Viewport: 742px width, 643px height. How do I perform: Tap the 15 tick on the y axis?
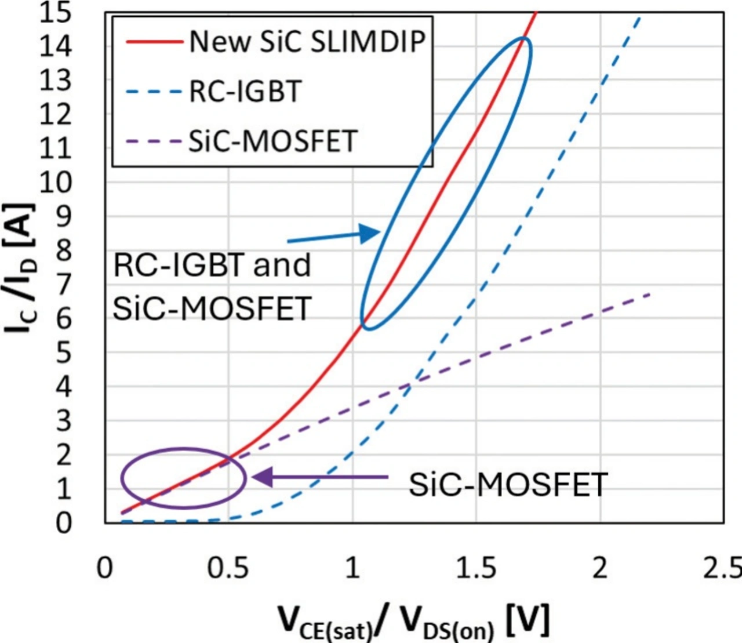pyautogui.click(x=56, y=13)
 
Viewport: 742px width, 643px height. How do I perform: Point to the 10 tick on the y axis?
pyautogui.click(x=56, y=183)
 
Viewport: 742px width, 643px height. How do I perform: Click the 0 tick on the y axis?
pyautogui.click(x=64, y=523)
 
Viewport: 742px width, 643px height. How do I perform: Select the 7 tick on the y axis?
pyautogui.click(x=64, y=285)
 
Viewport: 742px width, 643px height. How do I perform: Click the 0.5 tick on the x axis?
pyautogui.click(x=229, y=568)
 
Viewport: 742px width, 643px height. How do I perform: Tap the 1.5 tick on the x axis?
pyautogui.click(x=476, y=568)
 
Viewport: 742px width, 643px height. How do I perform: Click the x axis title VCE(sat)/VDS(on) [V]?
pyautogui.click(x=414, y=622)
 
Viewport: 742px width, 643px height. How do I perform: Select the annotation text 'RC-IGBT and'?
pyautogui.click(x=212, y=266)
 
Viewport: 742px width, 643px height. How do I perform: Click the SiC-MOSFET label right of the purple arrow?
pyautogui.click(x=508, y=485)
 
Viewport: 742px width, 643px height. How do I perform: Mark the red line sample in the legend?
pyautogui.click(x=153, y=42)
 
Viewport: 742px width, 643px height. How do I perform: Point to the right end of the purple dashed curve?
pyautogui.click(x=650, y=295)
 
